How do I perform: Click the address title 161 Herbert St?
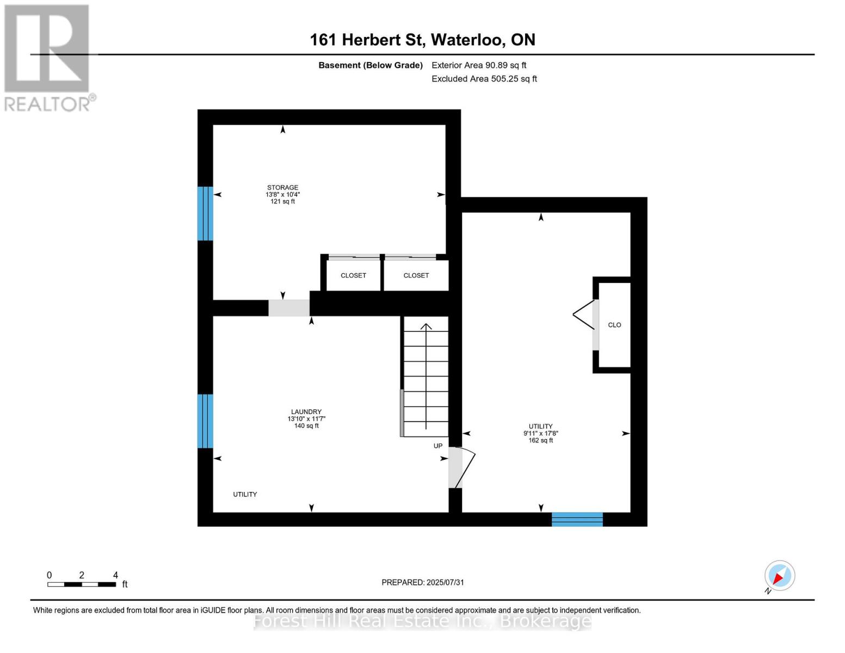(422, 40)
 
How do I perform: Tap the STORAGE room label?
(282, 188)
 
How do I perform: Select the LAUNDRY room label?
(306, 412)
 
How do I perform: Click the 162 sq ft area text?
(540, 440)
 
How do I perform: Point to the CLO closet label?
(614, 325)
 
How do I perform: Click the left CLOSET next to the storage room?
(353, 275)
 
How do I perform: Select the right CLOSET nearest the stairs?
(416, 275)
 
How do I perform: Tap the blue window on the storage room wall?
(205, 213)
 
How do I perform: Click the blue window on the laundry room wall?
(205, 421)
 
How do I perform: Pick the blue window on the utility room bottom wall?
(577, 519)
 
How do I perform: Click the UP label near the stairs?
(438, 446)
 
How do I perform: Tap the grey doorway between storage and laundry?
(289, 307)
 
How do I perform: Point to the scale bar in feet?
(82, 584)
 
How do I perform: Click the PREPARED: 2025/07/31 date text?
(423, 582)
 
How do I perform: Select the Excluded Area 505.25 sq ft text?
(484, 79)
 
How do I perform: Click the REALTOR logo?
(48, 58)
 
